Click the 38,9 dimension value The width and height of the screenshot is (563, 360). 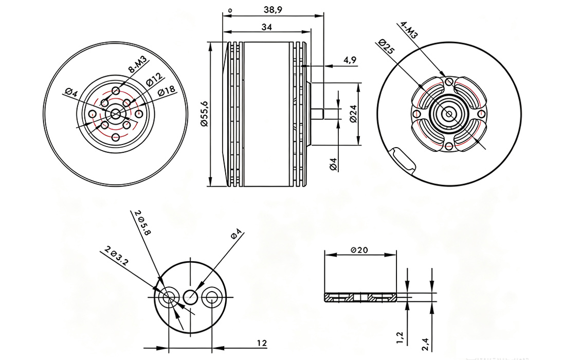(273, 10)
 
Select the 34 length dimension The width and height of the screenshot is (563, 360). (267, 27)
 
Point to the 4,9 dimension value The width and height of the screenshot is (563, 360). (350, 60)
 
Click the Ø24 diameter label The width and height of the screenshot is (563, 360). (353, 114)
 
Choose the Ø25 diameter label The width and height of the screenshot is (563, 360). (386, 47)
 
